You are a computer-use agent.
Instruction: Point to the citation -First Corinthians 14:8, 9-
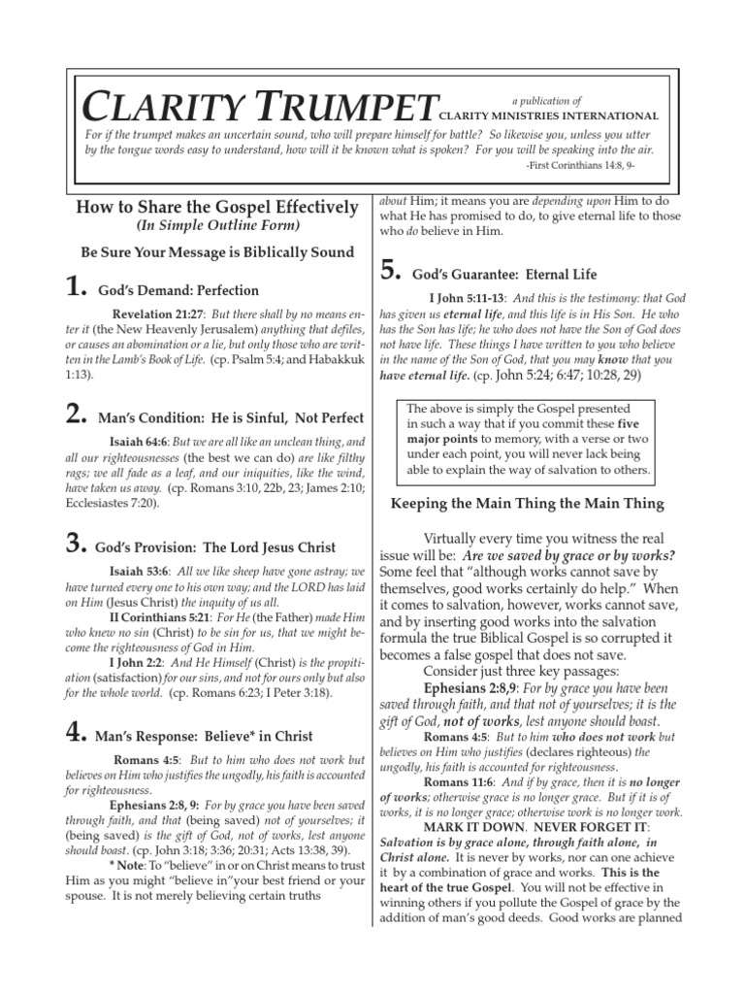(x=594, y=166)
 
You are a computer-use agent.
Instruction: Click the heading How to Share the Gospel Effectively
(x=216, y=207)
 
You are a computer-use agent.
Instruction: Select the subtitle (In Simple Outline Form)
(x=218, y=226)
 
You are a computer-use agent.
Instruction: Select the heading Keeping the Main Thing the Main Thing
(x=527, y=503)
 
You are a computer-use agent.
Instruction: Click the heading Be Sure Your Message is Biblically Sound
(x=217, y=252)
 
